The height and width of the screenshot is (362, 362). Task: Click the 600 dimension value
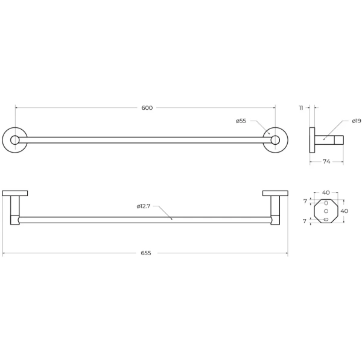pyautogui.click(x=147, y=108)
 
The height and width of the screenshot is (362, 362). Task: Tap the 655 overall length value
pyautogui.click(x=145, y=253)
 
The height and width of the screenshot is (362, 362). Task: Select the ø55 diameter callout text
pyautogui.click(x=241, y=121)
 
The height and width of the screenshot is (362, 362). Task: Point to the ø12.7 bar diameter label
pyautogui.click(x=144, y=206)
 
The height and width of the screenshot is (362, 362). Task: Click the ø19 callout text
pyautogui.click(x=356, y=121)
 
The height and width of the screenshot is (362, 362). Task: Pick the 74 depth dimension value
pyautogui.click(x=326, y=162)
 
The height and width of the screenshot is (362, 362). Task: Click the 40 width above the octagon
pyautogui.click(x=326, y=193)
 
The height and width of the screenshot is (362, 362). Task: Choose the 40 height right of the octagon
pyautogui.click(x=345, y=211)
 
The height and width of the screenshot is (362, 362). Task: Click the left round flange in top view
pyautogui.click(x=14, y=141)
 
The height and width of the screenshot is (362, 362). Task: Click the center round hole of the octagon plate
pyautogui.click(x=326, y=211)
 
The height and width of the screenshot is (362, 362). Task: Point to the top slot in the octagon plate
pyautogui.click(x=326, y=202)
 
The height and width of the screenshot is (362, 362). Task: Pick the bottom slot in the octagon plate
pyautogui.click(x=326, y=221)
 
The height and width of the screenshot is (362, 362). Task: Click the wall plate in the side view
pyautogui.click(x=312, y=141)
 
